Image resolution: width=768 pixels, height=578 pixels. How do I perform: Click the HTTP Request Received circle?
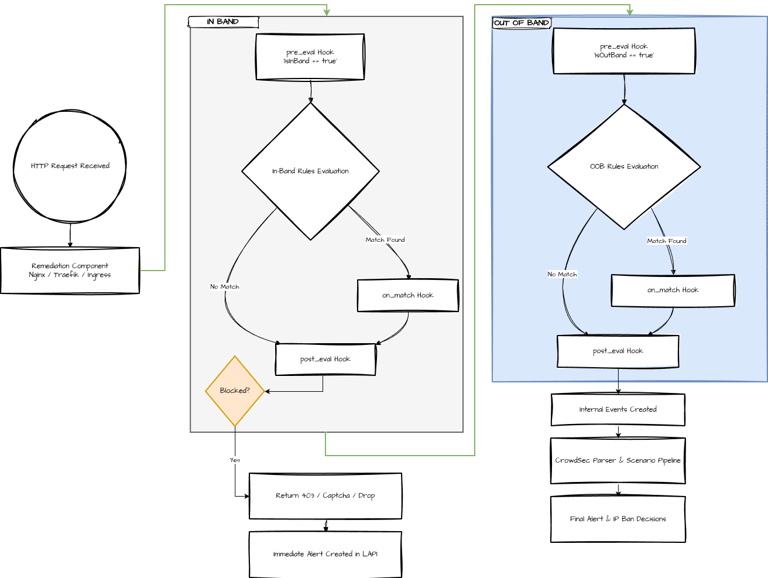(x=70, y=166)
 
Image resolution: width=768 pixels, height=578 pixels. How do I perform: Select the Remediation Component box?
(x=70, y=271)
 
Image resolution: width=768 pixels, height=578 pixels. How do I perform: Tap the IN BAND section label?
(x=223, y=22)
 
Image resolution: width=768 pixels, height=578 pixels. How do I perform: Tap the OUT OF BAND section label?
(x=522, y=23)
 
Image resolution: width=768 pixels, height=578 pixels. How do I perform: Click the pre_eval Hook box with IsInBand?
(x=310, y=57)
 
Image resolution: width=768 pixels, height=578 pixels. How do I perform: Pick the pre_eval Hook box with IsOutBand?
(x=624, y=51)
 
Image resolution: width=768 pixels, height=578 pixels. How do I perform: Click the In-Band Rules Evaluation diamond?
(x=310, y=171)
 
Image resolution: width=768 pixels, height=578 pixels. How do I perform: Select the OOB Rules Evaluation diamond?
(x=624, y=167)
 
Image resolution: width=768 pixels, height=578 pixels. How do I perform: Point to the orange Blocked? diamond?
(x=235, y=391)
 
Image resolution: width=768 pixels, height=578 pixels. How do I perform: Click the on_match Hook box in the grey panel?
(x=408, y=296)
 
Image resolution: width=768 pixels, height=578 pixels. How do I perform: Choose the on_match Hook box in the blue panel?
(x=673, y=290)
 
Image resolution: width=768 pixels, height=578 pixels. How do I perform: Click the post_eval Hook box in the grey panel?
(x=325, y=360)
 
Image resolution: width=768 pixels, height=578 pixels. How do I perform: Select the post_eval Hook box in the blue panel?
(x=618, y=351)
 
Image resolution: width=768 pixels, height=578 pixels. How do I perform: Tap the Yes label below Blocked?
(x=235, y=460)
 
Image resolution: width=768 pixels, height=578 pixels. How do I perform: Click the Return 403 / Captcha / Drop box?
(x=325, y=496)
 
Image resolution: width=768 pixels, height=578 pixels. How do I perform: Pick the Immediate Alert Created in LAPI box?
(x=325, y=554)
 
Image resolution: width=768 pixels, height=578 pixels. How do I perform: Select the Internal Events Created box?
(x=618, y=410)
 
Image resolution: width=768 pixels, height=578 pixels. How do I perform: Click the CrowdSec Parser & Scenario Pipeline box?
(x=618, y=461)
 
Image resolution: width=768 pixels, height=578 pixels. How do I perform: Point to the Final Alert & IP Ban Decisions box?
(x=618, y=519)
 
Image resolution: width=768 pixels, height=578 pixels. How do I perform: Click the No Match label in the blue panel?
(x=562, y=275)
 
